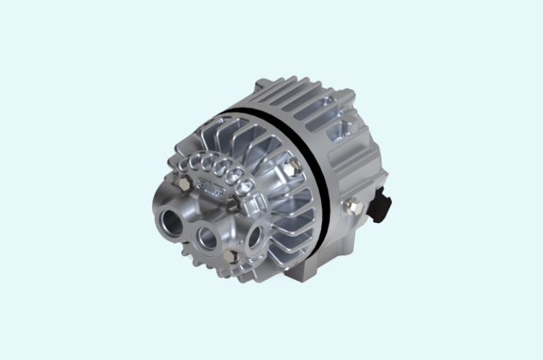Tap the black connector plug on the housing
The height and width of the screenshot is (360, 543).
pyautogui.click(x=382, y=205)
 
